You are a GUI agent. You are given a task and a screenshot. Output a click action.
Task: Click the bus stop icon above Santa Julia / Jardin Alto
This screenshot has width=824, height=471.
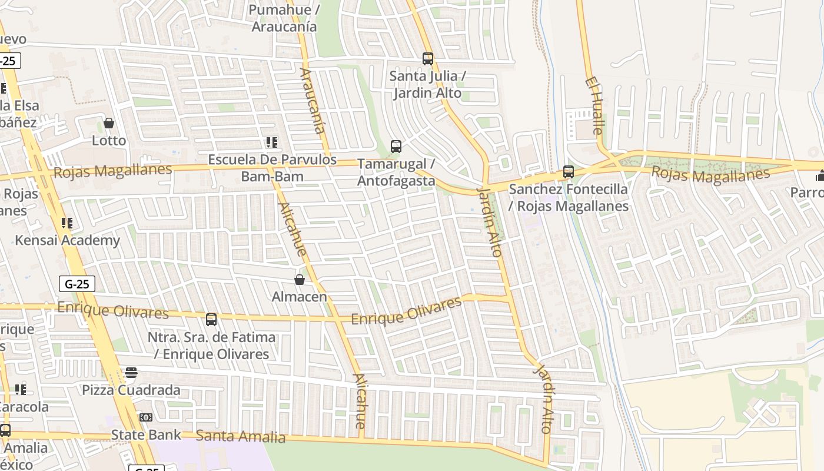428,59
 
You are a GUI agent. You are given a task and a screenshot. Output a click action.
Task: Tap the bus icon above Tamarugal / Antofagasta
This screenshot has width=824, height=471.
396,146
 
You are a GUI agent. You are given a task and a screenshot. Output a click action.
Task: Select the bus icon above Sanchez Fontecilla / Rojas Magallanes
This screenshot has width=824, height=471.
569,172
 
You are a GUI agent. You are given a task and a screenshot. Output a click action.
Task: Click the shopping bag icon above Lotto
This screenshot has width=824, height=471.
109,123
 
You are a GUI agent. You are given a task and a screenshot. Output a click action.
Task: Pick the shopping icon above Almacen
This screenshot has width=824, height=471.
300,280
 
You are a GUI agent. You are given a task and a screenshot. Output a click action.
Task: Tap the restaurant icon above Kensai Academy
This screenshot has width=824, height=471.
67,223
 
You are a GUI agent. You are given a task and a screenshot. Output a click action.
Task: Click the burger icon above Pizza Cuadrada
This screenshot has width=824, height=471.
131,373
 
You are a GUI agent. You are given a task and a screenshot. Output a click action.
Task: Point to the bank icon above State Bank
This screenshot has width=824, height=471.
146,417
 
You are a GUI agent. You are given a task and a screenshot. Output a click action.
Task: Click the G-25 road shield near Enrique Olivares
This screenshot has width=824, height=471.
77,284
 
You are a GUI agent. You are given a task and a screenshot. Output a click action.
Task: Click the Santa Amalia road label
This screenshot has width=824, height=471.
240,436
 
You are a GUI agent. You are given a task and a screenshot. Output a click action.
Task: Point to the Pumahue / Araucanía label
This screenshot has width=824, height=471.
284,18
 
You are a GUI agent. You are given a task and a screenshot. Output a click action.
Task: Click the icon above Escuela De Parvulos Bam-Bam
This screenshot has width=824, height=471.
271,142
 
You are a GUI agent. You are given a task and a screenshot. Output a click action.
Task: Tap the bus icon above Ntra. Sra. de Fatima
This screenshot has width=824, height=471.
211,320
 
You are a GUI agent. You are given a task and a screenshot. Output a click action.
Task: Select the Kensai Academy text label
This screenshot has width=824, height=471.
67,240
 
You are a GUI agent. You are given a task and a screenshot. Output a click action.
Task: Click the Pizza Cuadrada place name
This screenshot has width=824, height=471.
131,390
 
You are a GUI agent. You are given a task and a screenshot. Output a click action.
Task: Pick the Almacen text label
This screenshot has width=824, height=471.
299,297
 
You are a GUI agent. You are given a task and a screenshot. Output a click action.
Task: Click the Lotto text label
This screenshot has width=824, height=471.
109,140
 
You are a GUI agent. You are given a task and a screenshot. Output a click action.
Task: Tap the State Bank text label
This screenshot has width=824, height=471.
146,435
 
